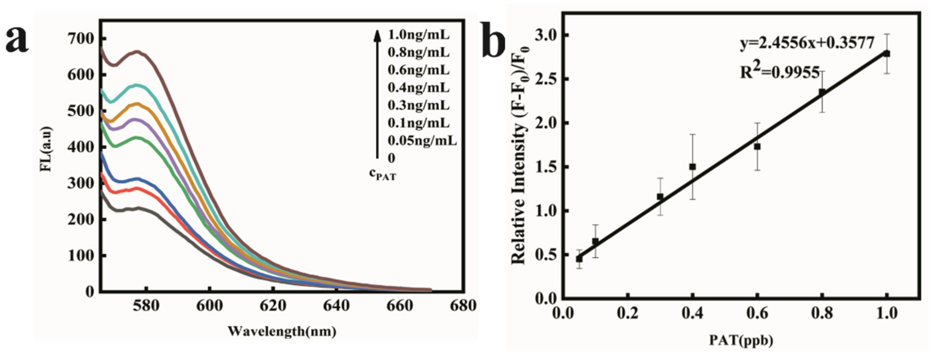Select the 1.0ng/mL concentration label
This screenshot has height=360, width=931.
419,35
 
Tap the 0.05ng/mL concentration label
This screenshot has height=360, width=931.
422,141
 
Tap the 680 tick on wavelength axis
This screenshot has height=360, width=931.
464,306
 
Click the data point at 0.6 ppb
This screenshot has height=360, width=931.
757,147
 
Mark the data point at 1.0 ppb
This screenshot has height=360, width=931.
886,54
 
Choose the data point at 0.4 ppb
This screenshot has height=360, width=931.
692,167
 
